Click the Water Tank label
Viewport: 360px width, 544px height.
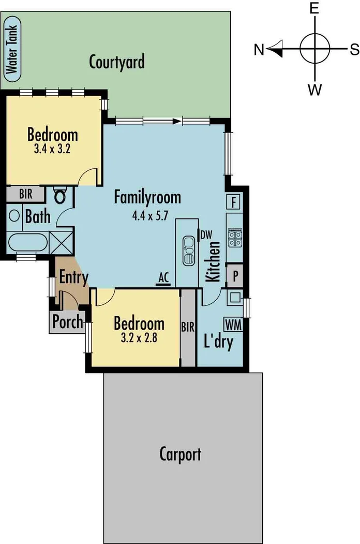tap(11, 50)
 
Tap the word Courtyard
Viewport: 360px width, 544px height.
tap(116, 62)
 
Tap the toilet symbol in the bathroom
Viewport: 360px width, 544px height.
tap(60, 196)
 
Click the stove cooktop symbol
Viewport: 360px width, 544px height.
tap(235, 238)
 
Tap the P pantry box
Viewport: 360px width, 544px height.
tap(235, 275)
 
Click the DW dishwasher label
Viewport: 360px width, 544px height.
tap(207, 234)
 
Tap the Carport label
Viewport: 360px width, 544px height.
tap(180, 454)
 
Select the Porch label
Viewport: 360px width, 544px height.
tap(68, 322)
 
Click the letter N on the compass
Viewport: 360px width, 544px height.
tap(259, 50)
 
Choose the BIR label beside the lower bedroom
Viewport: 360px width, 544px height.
tap(188, 327)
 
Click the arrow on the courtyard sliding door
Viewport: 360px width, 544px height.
tap(177, 122)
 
